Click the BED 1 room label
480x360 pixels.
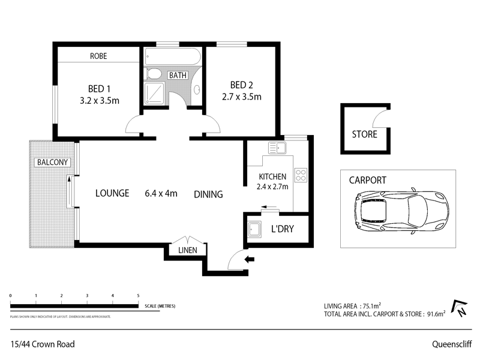pyautogui.click(x=99, y=87)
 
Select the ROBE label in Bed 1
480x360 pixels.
pyautogui.click(x=98, y=56)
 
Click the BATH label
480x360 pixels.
pyautogui.click(x=178, y=76)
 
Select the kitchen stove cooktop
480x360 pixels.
pyautogui.click(x=300, y=176)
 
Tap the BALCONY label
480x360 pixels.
pyautogui.click(x=52, y=163)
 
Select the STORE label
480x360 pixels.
pyautogui.click(x=364, y=134)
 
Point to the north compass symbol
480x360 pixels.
pyautogui.click(x=459, y=308)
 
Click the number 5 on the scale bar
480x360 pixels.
pyautogui.click(x=138, y=296)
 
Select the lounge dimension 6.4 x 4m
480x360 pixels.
pyautogui.click(x=161, y=193)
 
